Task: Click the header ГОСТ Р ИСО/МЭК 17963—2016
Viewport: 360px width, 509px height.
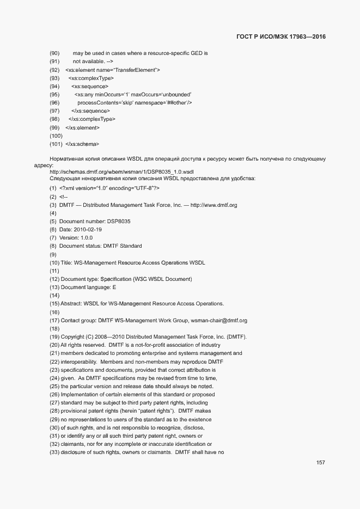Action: click(x=281, y=37)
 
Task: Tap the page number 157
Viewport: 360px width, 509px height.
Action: click(x=321, y=463)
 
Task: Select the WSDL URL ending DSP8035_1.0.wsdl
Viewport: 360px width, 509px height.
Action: click(x=94, y=171)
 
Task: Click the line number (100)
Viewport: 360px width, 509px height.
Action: click(x=56, y=136)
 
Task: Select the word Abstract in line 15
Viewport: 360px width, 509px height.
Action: click(x=72, y=303)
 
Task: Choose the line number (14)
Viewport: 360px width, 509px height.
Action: click(x=54, y=296)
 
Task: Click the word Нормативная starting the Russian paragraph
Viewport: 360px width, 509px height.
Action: click(x=65, y=159)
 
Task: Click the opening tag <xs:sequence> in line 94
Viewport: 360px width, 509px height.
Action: click(x=90, y=87)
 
